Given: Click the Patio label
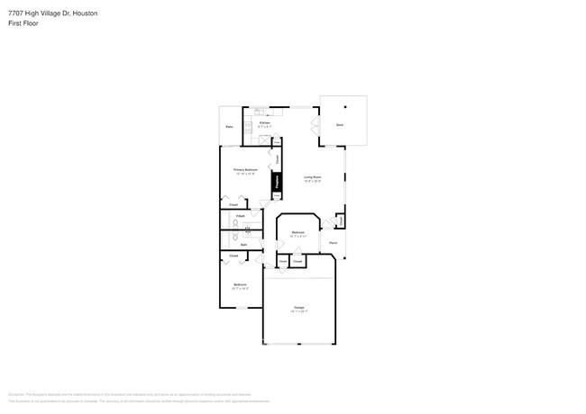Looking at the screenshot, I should coord(229,127).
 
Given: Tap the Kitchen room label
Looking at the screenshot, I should coord(265,123).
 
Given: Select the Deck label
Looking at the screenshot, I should coord(339,123).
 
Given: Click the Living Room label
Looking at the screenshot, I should coord(312,178).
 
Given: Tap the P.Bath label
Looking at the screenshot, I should coord(241,216).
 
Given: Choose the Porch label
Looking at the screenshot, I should coord(333,243).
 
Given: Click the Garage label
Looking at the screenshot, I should coord(298,309).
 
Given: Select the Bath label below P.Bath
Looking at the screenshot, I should coord(243,244).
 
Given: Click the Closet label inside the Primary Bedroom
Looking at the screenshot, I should coord(233,205).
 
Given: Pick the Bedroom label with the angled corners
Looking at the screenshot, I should coord(298,233).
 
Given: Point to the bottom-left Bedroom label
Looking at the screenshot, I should coord(240,287).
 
